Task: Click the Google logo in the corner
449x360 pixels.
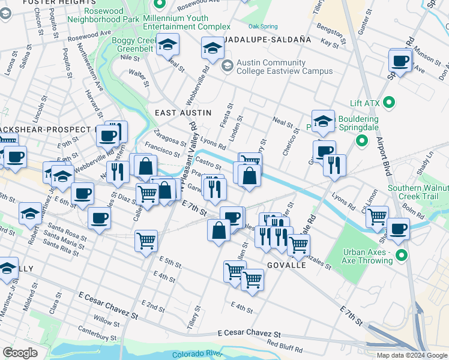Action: pyautogui.click(x=20, y=353)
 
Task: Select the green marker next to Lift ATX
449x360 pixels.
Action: pyautogui.click(x=389, y=103)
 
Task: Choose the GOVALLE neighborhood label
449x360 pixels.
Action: pyautogui.click(x=287, y=265)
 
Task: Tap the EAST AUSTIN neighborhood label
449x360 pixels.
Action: pyautogui.click(x=183, y=113)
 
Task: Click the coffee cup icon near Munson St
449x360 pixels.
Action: pyautogui.click(x=400, y=61)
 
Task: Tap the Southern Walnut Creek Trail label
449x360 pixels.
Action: pyautogui.click(x=418, y=192)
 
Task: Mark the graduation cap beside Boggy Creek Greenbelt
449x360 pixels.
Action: pyautogui.click(x=168, y=44)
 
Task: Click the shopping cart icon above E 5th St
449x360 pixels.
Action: pyautogui.click(x=146, y=241)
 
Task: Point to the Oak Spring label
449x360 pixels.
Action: pyautogui.click(x=263, y=27)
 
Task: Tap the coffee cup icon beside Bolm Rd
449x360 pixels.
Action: pyautogui.click(x=398, y=229)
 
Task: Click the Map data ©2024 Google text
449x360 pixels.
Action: pyautogui.click(x=412, y=355)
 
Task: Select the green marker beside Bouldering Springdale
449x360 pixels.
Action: pyautogui.click(x=361, y=142)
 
